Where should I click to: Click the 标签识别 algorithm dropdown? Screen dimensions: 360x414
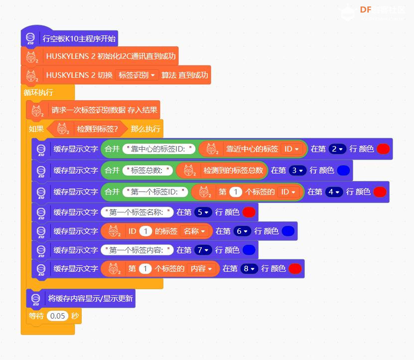[137, 75]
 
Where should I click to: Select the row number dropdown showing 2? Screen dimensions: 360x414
[338, 149]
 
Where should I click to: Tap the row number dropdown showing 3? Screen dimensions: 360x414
[298, 171]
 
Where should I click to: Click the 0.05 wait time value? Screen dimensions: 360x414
[58, 316]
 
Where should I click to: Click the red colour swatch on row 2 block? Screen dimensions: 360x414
[383, 149]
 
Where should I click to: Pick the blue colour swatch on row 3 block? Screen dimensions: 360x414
[343, 171]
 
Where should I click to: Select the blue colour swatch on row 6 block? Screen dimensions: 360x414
[288, 231]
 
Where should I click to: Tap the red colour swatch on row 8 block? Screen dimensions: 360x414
[295, 269]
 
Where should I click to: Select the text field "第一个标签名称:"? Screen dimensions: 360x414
[137, 212]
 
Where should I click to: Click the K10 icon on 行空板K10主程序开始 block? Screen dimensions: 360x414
[30, 38]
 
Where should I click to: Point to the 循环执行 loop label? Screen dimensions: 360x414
[38, 93]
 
